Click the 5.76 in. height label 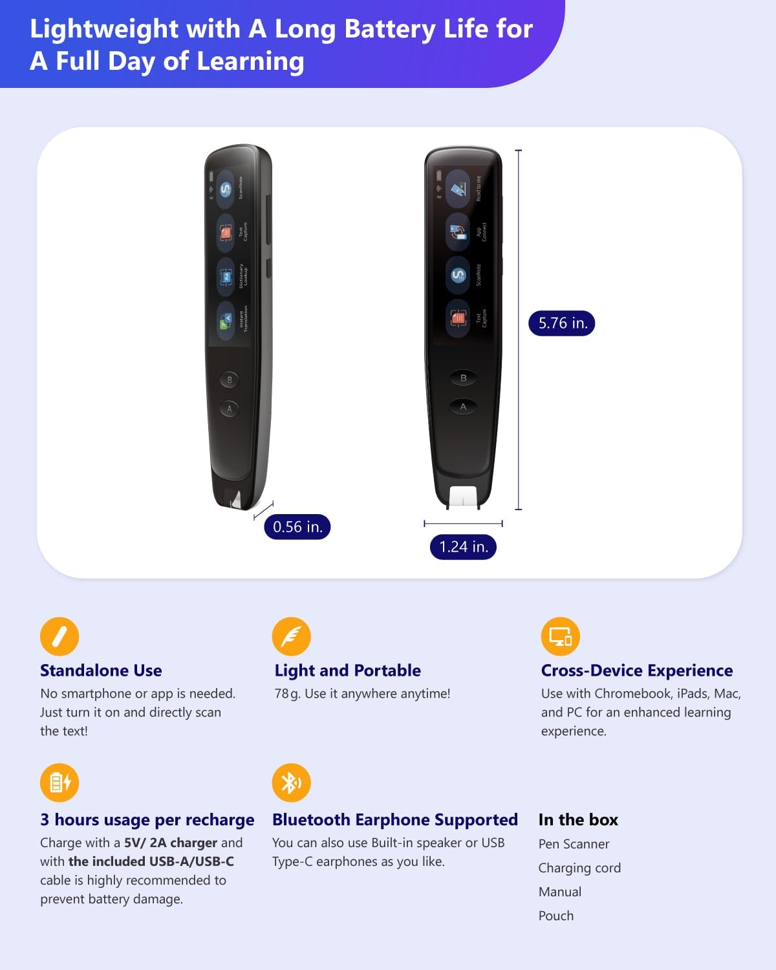point(562,323)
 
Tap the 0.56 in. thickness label point(297,527)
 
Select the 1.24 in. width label point(463,547)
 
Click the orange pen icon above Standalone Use point(59,636)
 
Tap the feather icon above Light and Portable point(291,636)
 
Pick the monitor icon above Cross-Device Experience point(560,636)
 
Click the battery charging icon point(59,782)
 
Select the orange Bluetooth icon point(291,782)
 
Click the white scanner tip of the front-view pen point(463,496)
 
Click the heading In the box point(578,820)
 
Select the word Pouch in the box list point(556,916)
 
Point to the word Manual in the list point(560,892)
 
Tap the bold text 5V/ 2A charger point(171,843)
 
